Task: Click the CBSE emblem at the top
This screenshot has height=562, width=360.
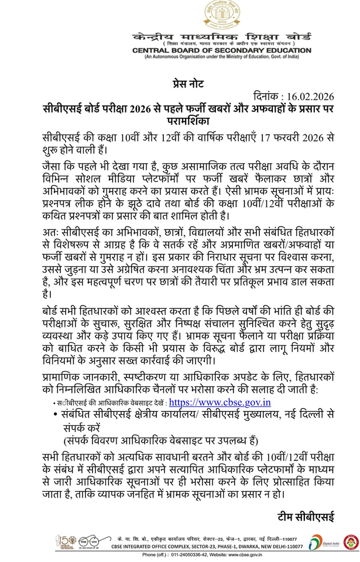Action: [221, 15]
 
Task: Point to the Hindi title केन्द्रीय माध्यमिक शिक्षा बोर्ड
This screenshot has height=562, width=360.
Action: [221, 36]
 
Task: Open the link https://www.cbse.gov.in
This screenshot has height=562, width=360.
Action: [220, 402]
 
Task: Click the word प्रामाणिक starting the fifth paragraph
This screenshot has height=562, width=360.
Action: [64, 376]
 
